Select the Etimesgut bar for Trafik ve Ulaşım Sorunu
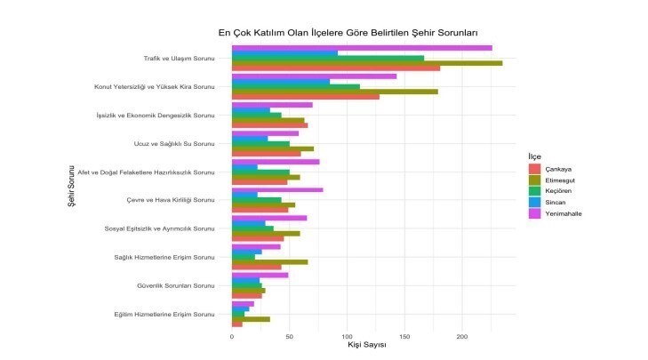point(366,63)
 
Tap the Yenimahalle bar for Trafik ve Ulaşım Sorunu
point(361,48)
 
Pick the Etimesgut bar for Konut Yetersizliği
point(334,91)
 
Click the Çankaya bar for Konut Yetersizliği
point(305,96)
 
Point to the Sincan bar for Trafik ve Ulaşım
point(284,53)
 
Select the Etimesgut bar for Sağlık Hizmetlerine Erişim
point(269,261)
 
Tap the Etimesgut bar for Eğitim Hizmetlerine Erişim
point(250,318)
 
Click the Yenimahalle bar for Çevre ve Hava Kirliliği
point(276,189)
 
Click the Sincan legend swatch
point(534,202)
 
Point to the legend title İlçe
point(534,156)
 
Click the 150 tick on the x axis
point(404,336)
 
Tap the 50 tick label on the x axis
point(289,336)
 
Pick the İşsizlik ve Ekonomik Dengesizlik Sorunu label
point(156,116)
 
